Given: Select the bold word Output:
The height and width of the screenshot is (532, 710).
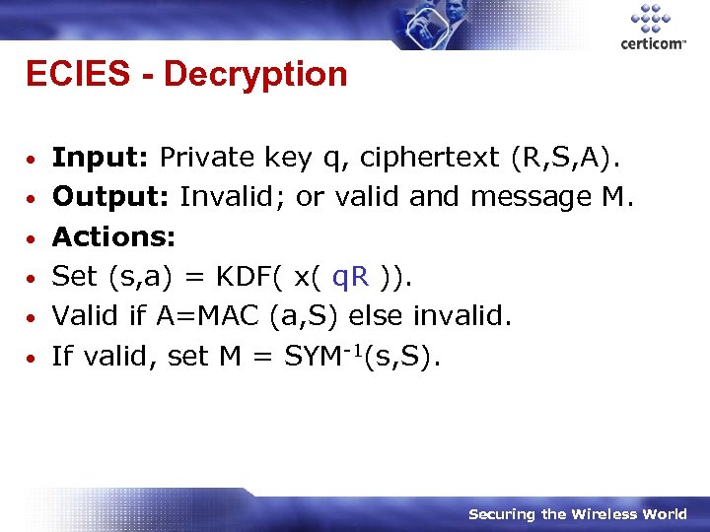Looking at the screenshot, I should (x=109, y=197).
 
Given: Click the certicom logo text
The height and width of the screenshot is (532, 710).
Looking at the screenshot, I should (x=652, y=44).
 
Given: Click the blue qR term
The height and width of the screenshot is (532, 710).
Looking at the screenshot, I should (x=351, y=277).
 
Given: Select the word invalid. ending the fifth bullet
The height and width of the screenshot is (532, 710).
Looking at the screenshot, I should (x=461, y=316).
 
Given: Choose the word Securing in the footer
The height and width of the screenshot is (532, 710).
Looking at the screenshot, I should (x=503, y=514).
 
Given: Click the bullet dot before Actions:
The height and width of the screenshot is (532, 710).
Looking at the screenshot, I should (x=33, y=238).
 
